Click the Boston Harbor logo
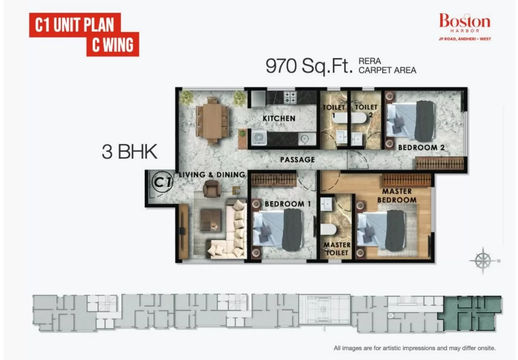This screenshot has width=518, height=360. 464,27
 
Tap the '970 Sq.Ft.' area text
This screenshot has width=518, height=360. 309,66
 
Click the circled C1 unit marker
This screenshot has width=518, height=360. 163,182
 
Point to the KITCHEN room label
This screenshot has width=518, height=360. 279,118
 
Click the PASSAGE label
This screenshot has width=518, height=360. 297,160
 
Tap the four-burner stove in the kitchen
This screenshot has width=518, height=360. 290,97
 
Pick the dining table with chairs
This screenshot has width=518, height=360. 212,121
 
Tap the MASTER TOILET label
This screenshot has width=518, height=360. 337,249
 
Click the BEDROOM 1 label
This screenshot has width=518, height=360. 288,204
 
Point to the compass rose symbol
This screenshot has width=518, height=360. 483,261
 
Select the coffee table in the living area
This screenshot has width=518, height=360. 211,220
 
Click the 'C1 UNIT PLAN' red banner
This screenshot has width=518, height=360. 75,25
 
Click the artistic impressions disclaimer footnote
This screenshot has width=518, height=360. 415,348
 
